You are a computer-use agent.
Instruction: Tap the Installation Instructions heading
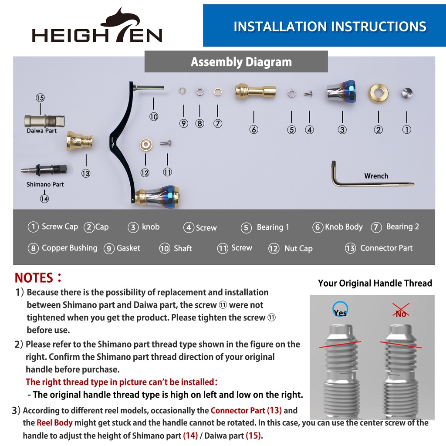point(330,27)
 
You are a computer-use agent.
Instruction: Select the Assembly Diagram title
point(241,62)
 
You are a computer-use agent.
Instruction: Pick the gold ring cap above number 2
point(378,93)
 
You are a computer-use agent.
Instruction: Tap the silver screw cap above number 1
point(407,93)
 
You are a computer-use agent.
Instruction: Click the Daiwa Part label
point(41,131)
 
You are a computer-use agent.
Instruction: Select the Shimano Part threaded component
point(44,170)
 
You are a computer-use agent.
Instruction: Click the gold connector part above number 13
point(79,141)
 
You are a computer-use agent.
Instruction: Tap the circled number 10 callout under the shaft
point(154,117)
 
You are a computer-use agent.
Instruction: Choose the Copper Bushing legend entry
point(63,248)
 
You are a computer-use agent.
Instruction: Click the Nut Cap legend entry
point(291,248)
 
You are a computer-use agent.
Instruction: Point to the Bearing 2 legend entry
point(395,227)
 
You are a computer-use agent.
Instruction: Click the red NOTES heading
point(38,277)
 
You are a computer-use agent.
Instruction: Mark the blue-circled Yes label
point(340,310)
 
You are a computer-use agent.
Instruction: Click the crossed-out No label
point(401,311)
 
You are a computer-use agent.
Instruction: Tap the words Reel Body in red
point(54,422)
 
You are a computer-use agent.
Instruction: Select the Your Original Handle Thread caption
point(375,283)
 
